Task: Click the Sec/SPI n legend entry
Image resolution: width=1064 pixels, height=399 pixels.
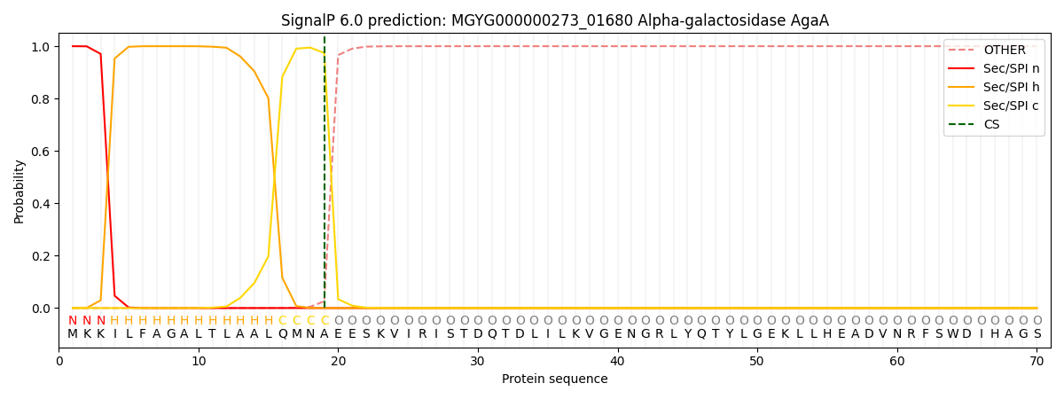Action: coord(994,68)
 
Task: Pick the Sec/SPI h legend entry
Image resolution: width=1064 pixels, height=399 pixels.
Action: coord(994,87)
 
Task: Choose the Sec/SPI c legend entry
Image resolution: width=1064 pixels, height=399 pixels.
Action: coord(993,106)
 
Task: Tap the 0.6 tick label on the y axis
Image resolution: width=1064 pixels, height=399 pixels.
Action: coord(41,151)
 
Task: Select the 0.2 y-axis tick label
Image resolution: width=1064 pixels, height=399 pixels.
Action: coord(41,256)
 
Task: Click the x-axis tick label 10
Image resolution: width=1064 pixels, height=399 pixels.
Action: coord(199,362)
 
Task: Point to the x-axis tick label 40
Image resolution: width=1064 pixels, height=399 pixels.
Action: coord(617,362)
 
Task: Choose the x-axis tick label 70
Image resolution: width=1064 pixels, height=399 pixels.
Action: coord(1037,362)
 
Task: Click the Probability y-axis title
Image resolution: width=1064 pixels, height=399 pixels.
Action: coord(19,192)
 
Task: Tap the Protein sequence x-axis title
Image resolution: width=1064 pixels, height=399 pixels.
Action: coord(555,379)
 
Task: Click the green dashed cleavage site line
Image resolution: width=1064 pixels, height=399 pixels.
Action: coord(325,172)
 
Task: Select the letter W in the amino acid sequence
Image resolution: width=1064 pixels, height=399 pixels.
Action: coord(953,334)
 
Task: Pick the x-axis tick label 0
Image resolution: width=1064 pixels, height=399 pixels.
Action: coord(59,362)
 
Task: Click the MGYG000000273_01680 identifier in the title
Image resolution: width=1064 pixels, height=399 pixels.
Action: coord(542,21)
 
